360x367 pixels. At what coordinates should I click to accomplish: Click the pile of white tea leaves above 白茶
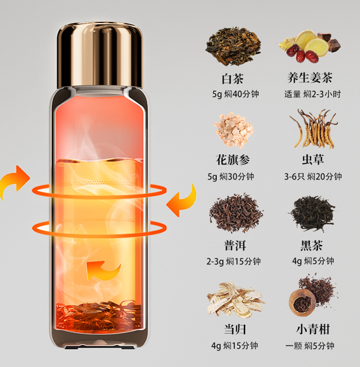coord(233,46)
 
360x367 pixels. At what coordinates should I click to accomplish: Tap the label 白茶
coord(233,79)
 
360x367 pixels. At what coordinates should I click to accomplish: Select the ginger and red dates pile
coord(309,46)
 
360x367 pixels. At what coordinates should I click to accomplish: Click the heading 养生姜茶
coord(310,78)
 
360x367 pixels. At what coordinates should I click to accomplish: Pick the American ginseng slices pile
coord(233,130)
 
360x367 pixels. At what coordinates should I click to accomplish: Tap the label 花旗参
coord(233,160)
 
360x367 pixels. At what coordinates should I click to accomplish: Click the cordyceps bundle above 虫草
coord(313,128)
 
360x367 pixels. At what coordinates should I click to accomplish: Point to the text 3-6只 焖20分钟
coord(313,177)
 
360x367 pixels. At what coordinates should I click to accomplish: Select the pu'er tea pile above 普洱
coord(236,213)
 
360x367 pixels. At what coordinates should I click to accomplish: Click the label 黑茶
coord(312,245)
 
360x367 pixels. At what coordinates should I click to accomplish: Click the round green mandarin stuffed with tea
coord(302,303)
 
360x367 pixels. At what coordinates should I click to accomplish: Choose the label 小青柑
coord(313,329)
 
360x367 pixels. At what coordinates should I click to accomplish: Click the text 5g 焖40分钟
coord(236,94)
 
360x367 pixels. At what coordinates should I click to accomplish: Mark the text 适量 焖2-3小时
coord(312,94)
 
